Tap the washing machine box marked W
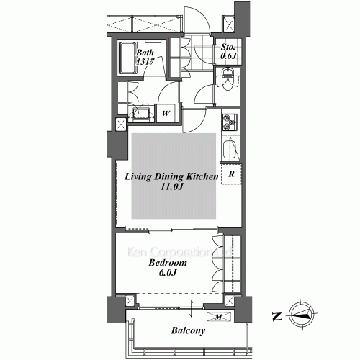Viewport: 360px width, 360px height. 165,113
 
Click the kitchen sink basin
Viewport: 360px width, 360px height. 230,150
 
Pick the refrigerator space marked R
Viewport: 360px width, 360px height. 231,174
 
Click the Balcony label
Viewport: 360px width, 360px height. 189,331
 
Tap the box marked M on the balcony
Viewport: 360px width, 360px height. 217,316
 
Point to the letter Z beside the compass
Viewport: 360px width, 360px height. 276,313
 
